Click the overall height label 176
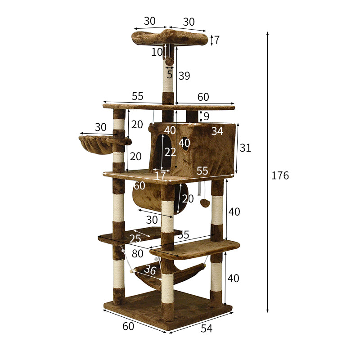(x=280, y=175)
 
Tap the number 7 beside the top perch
(x=217, y=40)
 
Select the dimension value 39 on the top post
(x=184, y=76)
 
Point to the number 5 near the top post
(x=170, y=75)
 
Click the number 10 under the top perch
(x=157, y=52)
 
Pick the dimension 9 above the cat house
(x=206, y=117)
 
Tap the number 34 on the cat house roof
(x=217, y=131)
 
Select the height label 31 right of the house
(x=245, y=148)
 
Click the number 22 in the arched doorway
(x=170, y=152)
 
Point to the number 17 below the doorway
(x=160, y=175)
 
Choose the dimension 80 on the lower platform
(x=137, y=254)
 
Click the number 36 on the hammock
(x=150, y=270)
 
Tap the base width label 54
(x=206, y=328)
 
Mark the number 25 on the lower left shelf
(x=135, y=239)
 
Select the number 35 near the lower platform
(x=183, y=234)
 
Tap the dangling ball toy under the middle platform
(x=205, y=203)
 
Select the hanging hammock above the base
(x=173, y=274)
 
